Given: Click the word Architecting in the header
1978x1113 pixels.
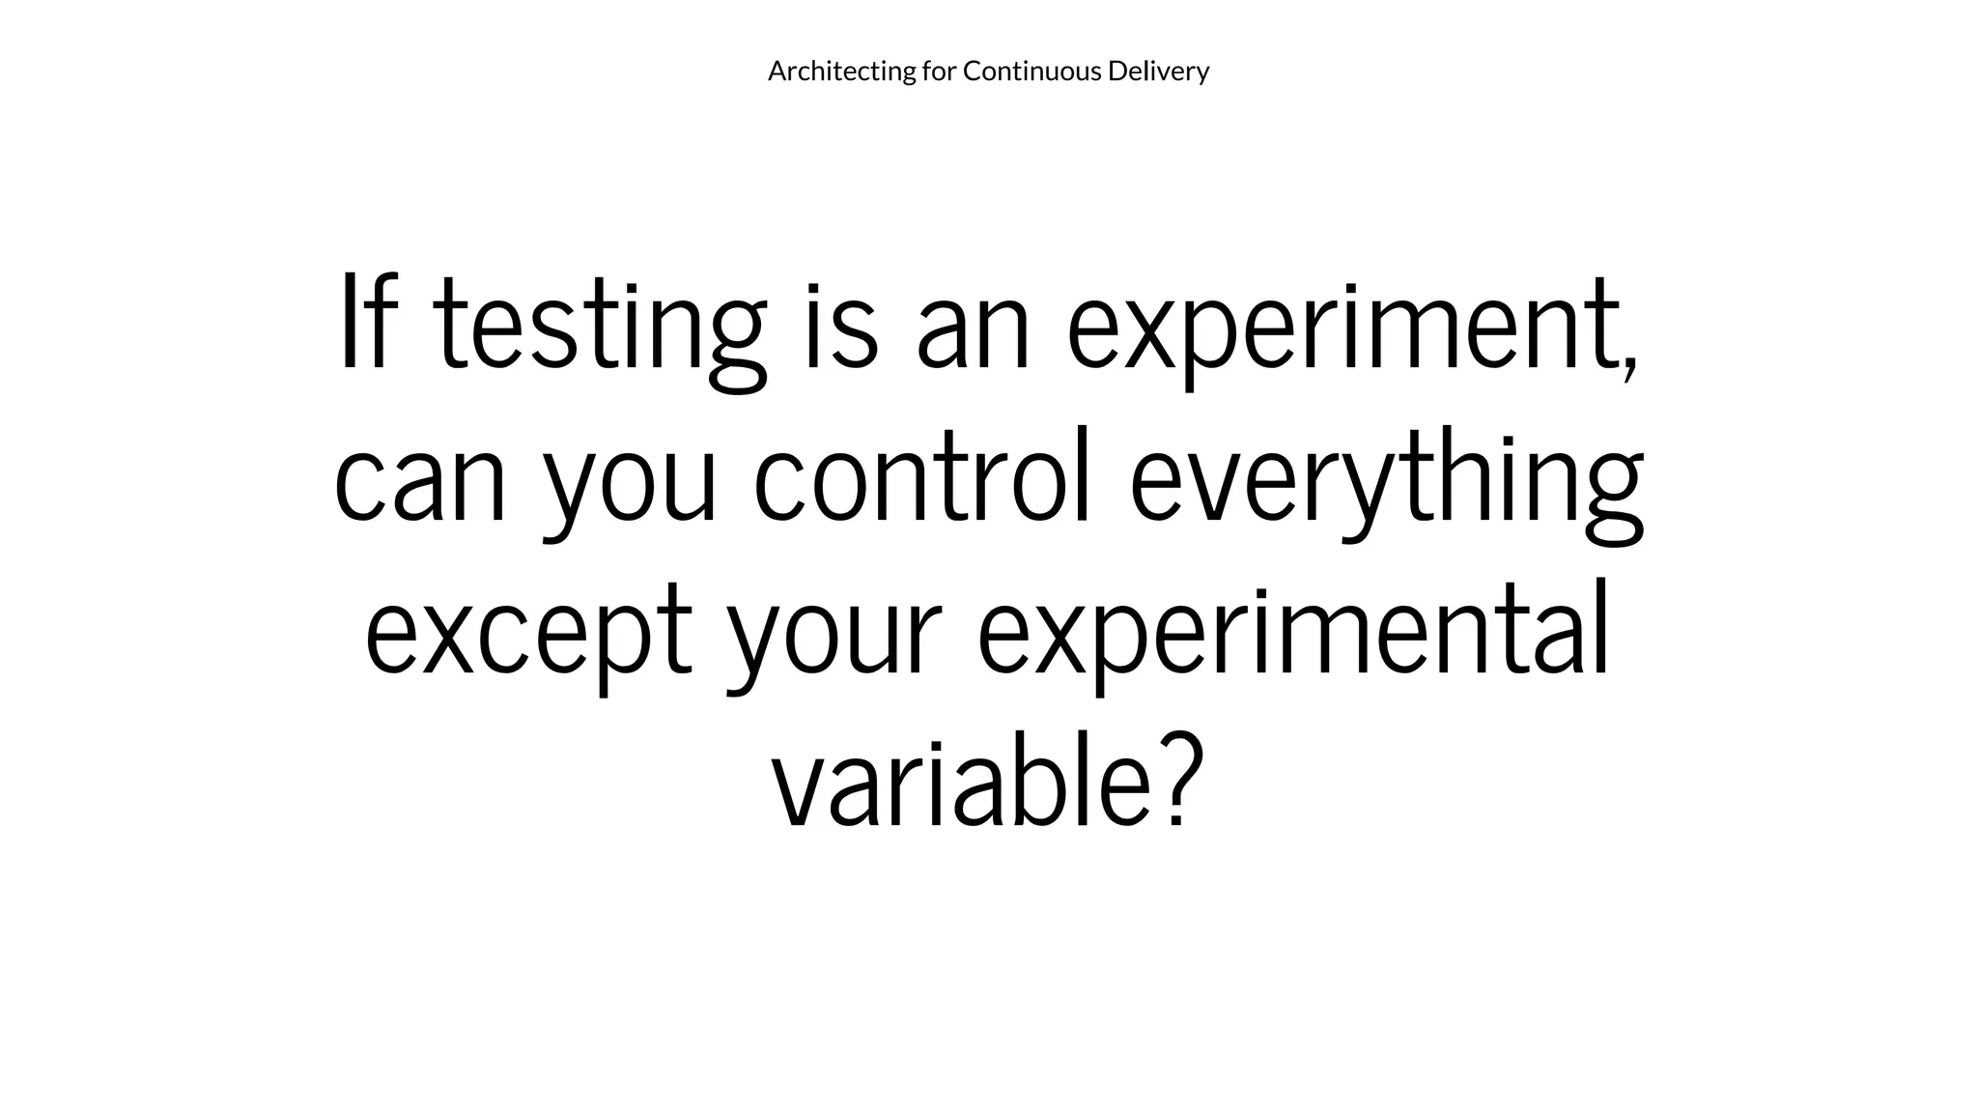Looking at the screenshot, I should point(841,71).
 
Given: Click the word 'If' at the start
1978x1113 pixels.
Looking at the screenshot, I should point(369,323).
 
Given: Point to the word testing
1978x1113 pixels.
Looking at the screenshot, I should point(599,328).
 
